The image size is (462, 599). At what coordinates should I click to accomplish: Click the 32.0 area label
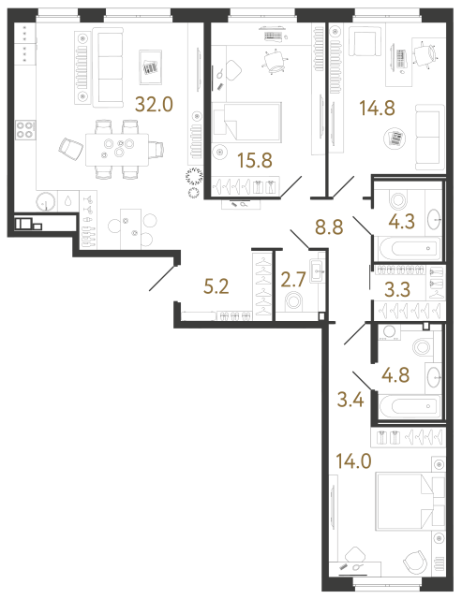pos(154,105)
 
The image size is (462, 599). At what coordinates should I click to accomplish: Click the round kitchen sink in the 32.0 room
pos(45,203)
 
